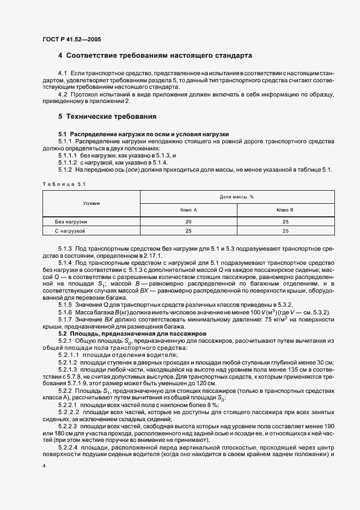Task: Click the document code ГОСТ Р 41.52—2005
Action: pyautogui.click(x=70, y=39)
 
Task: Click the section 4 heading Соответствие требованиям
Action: pyautogui.click(x=155, y=56)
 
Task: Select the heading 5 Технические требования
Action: pyautogui.click(x=107, y=117)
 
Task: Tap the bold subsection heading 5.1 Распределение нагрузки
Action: pyautogui.click(x=143, y=134)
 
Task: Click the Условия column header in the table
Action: pyautogui.click(x=91, y=203)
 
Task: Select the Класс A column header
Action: pyautogui.click(x=188, y=210)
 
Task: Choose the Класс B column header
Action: pyautogui.click(x=285, y=210)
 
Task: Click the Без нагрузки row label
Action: pyautogui.click(x=71, y=222)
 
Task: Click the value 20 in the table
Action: pyautogui.click(x=188, y=222)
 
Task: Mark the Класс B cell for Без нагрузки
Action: pyautogui.click(x=285, y=222)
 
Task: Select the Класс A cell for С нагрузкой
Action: pyautogui.click(x=188, y=231)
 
